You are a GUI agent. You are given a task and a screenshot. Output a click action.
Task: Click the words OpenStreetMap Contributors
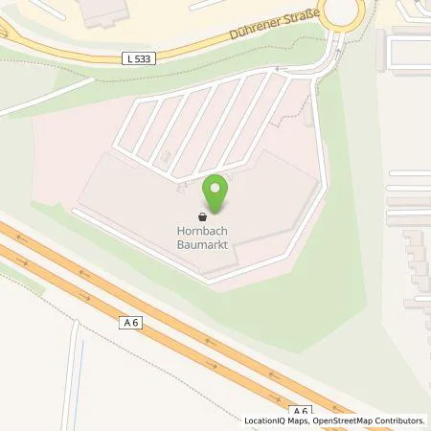tap(368, 420)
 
